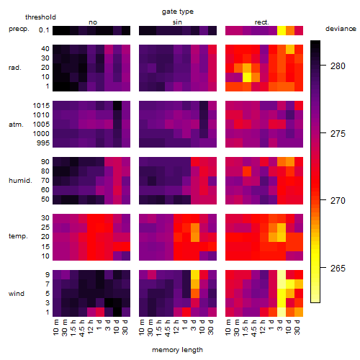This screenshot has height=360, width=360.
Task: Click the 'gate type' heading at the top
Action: tap(178, 12)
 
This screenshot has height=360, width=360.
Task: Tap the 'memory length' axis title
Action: tap(177, 350)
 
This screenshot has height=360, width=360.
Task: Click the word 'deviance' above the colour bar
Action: tap(341, 29)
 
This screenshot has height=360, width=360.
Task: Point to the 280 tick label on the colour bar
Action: tap(338, 66)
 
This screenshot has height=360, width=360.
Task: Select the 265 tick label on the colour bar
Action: tap(338, 268)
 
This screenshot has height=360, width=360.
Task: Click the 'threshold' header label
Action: tap(40, 17)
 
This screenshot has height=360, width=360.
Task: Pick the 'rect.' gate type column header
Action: tap(261, 22)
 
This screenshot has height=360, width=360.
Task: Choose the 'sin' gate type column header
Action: tap(177, 22)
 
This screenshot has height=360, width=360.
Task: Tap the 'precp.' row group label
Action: tap(19, 29)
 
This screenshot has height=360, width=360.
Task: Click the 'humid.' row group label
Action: tap(20, 181)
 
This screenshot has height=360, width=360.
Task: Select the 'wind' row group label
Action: tap(17, 294)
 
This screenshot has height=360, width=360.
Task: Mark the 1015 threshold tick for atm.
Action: tap(41, 106)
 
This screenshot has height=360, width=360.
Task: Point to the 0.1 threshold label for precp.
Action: tap(44, 30)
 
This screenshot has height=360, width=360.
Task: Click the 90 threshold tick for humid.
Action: tap(45, 162)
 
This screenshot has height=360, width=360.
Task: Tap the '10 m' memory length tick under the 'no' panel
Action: tap(56, 328)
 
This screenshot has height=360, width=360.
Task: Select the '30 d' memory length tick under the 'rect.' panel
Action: tap(297, 328)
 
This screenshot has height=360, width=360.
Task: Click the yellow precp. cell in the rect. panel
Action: tap(282, 30)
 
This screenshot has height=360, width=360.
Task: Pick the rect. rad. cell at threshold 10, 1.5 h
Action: tap(247, 77)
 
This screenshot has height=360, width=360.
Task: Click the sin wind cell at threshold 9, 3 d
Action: tap(195, 274)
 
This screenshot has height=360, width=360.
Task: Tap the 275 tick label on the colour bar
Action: tap(338, 134)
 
